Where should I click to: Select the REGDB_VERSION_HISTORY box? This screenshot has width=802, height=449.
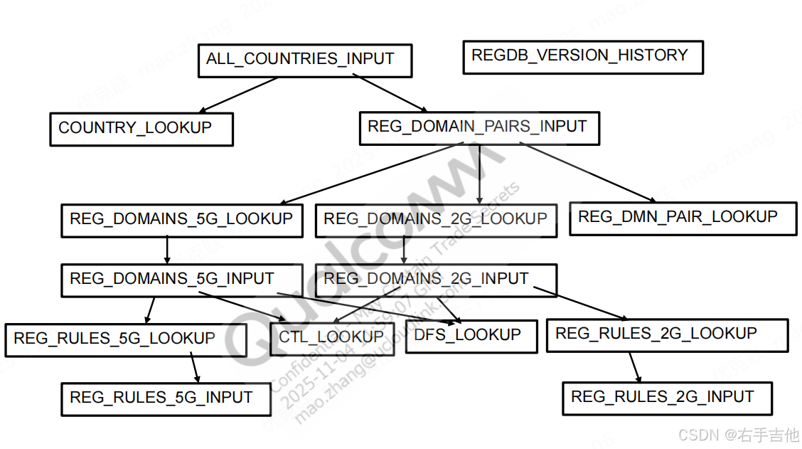[582, 57]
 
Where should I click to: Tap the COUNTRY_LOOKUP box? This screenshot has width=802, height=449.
[141, 129]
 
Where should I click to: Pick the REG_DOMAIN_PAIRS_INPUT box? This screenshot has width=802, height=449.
[478, 128]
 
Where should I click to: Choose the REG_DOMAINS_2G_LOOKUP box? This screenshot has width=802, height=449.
[436, 220]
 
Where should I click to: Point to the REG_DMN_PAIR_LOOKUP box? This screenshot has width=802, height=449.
[683, 218]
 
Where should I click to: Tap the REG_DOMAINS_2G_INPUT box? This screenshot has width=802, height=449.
[436, 279]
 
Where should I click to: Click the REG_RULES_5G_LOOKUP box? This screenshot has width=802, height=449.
[125, 339]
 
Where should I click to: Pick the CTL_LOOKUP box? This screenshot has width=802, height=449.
[331, 337]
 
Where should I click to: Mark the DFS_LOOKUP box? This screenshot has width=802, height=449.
[471, 335]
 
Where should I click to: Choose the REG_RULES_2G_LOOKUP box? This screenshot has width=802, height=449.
[667, 334]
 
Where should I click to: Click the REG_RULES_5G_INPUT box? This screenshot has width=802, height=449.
[166, 398]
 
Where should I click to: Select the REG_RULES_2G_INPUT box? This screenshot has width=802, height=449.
[666, 398]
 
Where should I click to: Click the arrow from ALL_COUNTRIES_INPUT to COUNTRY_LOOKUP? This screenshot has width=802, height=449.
[238, 95]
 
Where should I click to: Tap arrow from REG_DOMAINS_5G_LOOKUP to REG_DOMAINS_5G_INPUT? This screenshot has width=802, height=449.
[167, 249]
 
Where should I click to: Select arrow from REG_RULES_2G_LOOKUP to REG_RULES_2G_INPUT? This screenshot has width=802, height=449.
[634, 366]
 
